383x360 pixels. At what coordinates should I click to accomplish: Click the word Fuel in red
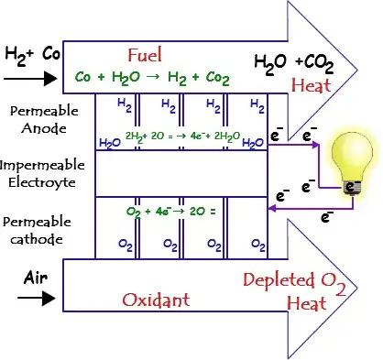click(145, 55)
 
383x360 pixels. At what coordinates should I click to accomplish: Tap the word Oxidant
click(156, 300)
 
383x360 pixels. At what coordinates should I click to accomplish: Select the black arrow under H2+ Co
click(30, 79)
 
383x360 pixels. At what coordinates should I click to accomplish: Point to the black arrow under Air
click(37, 298)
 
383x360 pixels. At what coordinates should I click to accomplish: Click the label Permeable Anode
click(44, 119)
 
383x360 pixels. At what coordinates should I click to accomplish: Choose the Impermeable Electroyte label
click(42, 174)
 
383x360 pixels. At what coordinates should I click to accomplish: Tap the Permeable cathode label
click(37, 230)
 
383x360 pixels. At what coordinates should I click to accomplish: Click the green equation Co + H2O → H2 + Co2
click(152, 78)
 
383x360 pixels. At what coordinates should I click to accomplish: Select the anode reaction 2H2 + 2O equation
click(182, 136)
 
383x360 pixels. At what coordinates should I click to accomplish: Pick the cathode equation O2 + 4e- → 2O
click(170, 212)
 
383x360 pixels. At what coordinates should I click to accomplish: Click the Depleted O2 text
click(295, 283)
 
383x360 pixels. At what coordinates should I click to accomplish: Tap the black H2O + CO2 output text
click(294, 64)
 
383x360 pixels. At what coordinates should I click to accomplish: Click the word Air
click(36, 278)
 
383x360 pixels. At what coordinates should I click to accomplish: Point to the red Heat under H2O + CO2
click(311, 85)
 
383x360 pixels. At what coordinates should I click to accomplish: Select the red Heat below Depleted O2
click(307, 303)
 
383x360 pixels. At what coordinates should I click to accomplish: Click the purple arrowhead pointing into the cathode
click(272, 209)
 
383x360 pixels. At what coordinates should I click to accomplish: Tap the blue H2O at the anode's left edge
click(110, 143)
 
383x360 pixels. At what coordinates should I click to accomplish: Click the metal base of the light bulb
click(352, 188)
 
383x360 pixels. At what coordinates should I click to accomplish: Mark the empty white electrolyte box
click(181, 173)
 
